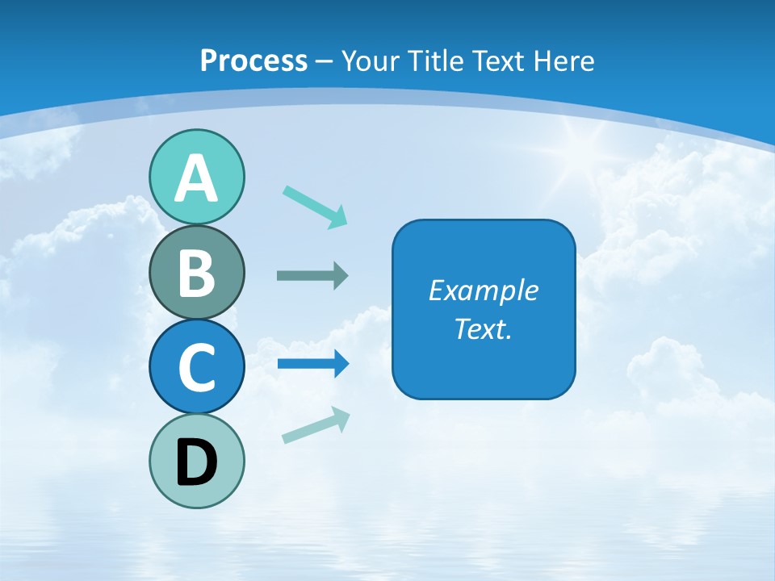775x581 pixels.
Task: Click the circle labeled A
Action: [196, 177]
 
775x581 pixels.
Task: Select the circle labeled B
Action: [196, 273]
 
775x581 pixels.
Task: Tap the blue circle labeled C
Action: [196, 367]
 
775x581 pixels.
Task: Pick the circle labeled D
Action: [196, 461]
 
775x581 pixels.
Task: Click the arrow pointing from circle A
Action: [315, 206]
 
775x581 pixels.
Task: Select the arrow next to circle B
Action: [312, 276]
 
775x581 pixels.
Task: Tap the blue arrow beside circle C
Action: [312, 364]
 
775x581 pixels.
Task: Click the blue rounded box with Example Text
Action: [484, 309]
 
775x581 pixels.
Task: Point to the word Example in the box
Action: [484, 290]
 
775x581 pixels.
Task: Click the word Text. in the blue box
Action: [484, 329]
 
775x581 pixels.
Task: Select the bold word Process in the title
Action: [253, 61]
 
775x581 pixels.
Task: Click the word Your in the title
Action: [370, 61]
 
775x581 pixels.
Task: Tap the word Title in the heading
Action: [435, 61]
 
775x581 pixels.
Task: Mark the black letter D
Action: [196, 462]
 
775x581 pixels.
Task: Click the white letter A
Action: [196, 178]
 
